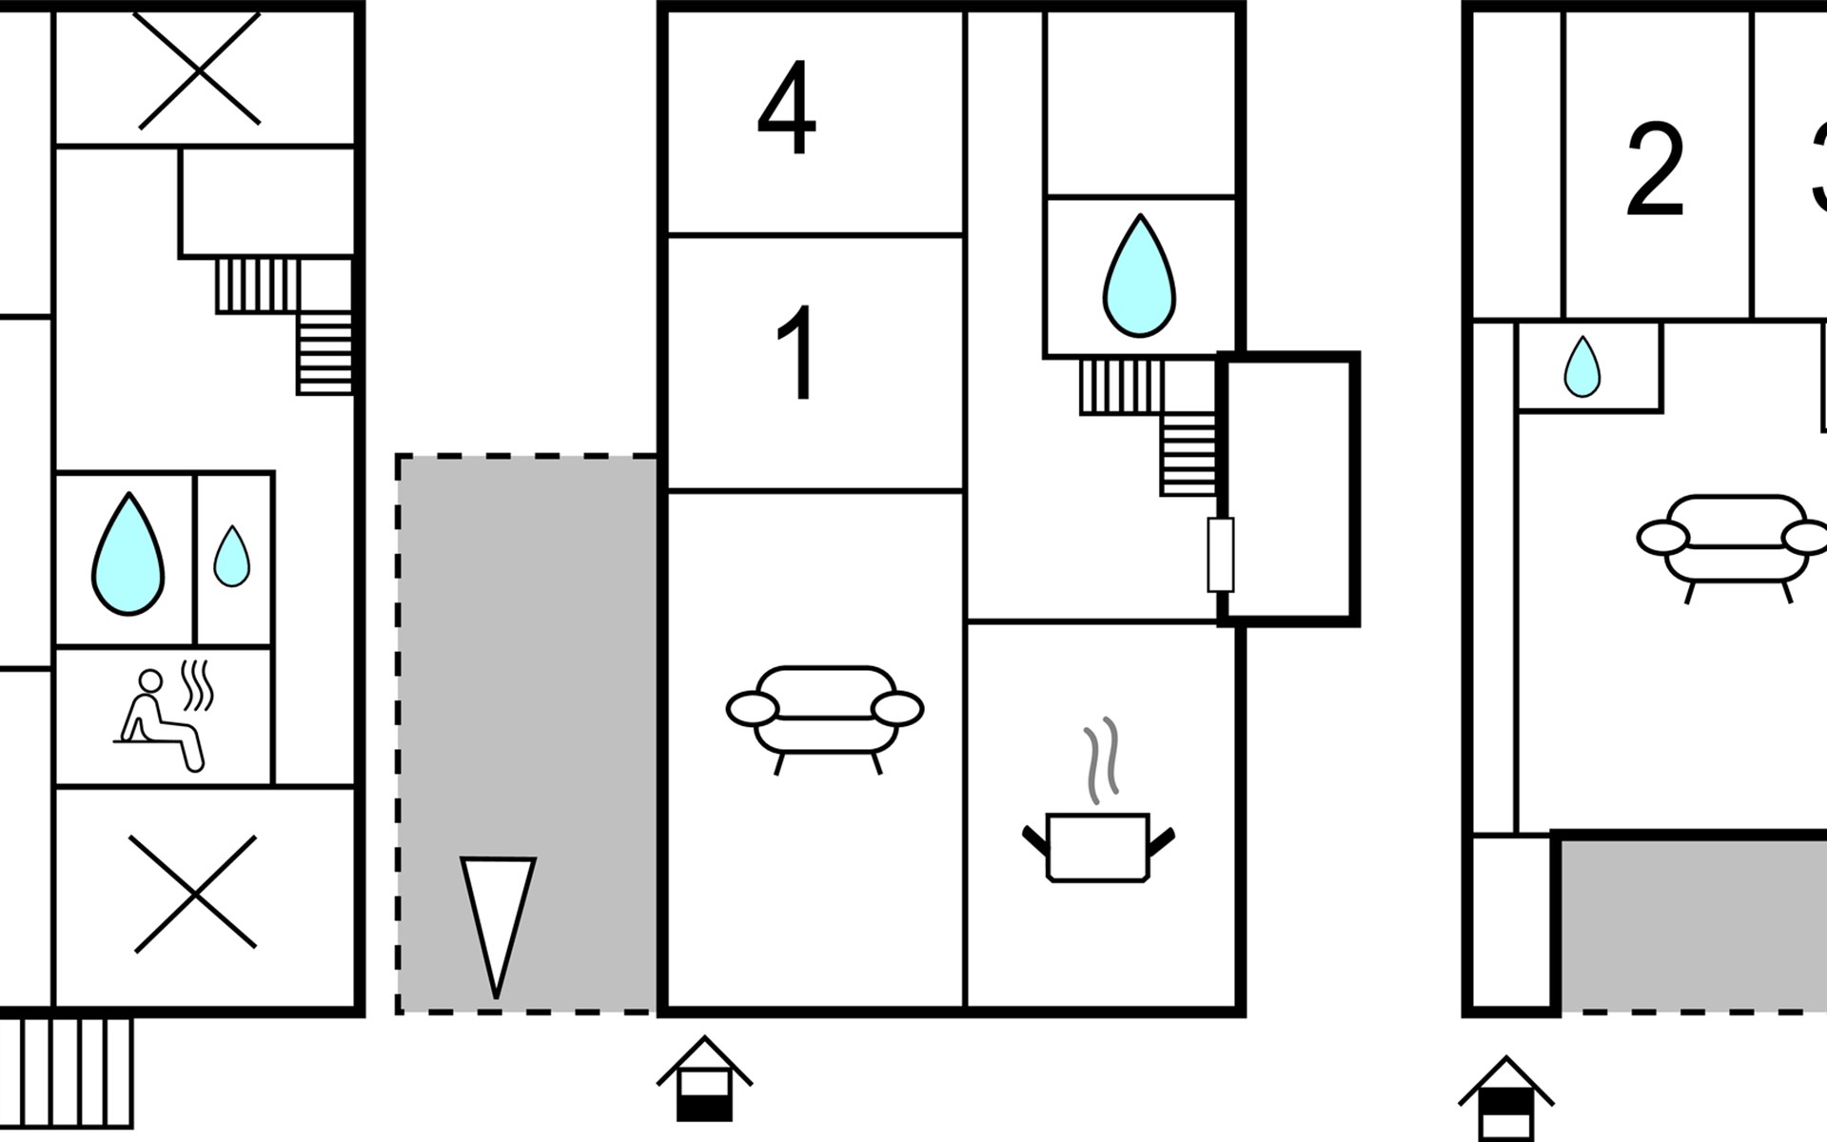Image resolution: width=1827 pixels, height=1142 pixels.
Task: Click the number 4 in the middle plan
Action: click(787, 108)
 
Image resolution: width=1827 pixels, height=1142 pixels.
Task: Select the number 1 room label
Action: click(797, 353)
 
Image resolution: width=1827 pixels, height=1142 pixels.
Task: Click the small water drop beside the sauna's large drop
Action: click(231, 557)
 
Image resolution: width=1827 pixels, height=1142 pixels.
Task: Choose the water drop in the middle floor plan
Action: click(1139, 276)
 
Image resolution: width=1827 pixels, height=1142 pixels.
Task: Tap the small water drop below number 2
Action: click(1582, 366)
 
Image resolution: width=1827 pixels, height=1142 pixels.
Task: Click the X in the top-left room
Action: click(199, 69)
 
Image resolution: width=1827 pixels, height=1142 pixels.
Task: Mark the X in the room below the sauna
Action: click(195, 894)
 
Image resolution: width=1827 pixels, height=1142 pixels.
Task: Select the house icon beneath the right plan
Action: click(1505, 1098)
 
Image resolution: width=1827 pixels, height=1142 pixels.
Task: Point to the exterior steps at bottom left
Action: click(66, 1073)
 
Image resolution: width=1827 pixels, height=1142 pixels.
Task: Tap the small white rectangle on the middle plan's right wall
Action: click(1220, 555)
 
